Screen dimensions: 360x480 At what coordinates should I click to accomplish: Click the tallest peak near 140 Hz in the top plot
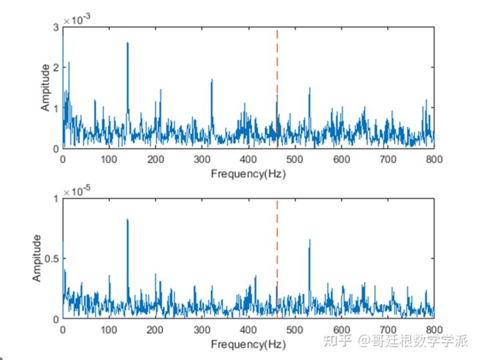coord(127,44)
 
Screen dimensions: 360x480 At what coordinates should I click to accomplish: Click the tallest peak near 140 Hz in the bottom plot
coord(127,220)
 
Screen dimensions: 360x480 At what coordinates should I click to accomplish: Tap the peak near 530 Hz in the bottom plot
coord(309,241)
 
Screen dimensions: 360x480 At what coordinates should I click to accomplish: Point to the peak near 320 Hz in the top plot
coord(212,81)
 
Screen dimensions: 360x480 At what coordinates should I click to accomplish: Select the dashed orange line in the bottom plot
coord(277,240)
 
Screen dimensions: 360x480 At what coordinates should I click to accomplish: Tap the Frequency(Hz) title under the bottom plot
coord(248,345)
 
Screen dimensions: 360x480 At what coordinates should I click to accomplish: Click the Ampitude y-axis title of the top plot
coord(45,87)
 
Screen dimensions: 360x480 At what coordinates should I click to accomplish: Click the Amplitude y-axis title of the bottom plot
coord(37,258)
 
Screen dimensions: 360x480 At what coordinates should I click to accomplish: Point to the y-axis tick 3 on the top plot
coord(56,27)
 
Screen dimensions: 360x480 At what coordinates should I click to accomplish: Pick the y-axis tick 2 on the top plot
coord(56,67)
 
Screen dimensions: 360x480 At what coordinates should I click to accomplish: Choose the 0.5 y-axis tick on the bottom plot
coord(51,259)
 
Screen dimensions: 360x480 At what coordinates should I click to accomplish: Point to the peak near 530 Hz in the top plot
coord(309,89)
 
